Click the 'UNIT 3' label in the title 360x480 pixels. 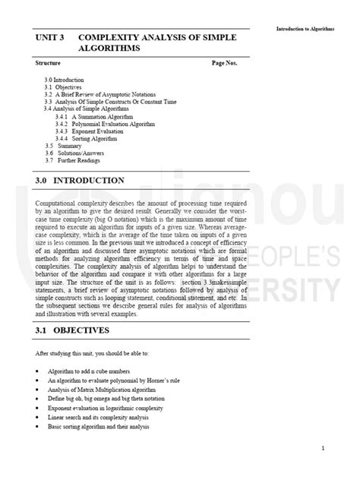click(x=50, y=36)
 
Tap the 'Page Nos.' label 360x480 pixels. click(x=224, y=62)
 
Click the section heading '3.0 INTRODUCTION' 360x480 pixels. click(x=80, y=181)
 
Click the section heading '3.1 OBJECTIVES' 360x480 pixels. click(x=73, y=330)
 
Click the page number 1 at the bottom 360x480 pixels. click(x=323, y=448)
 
